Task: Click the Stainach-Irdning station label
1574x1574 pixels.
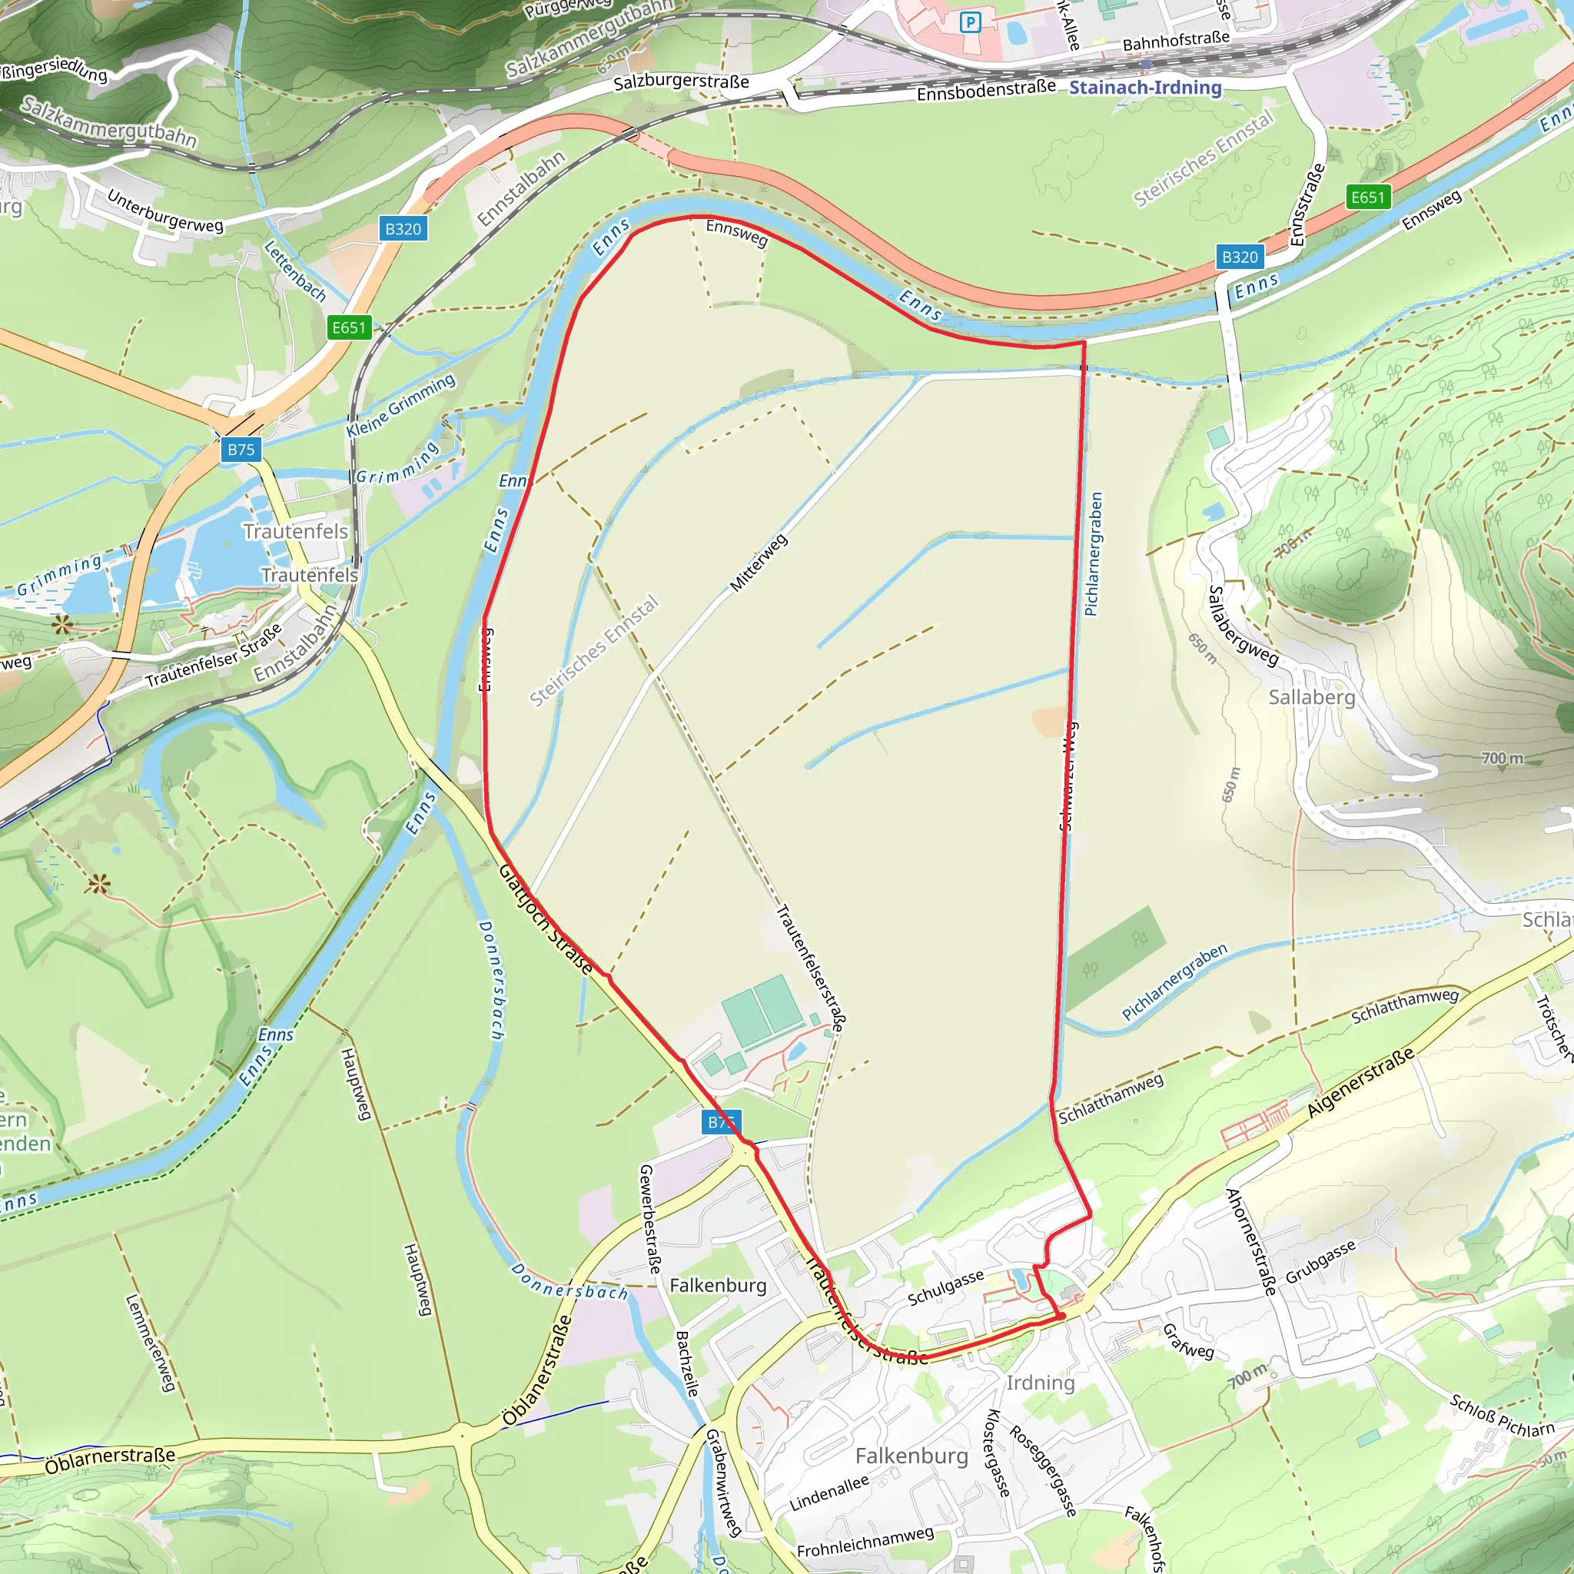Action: pos(1144,87)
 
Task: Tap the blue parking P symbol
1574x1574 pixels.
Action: pos(969,22)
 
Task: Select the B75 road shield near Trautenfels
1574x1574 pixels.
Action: pos(241,449)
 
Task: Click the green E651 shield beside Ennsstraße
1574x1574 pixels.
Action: pos(1367,198)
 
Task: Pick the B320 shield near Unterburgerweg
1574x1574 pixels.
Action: pos(403,229)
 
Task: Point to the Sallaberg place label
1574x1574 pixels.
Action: pos(1312,697)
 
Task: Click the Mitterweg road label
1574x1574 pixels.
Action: pos(759,563)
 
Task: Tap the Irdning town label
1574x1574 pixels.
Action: pos(1041,1383)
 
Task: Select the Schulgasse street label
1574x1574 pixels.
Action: pos(946,1287)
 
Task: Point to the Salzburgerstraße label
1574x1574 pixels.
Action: pos(681,81)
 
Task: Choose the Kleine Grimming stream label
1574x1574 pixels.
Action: pos(401,406)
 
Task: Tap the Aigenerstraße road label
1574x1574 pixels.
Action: pos(1360,1084)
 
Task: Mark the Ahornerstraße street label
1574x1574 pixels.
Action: pos(1250,1242)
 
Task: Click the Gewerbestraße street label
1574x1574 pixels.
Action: pos(650,1220)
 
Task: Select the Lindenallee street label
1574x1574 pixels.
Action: pos(829,1494)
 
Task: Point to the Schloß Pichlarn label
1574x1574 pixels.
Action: pos(1502,1416)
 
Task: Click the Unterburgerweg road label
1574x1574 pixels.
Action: pos(165,212)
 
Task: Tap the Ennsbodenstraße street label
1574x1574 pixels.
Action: pos(986,91)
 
